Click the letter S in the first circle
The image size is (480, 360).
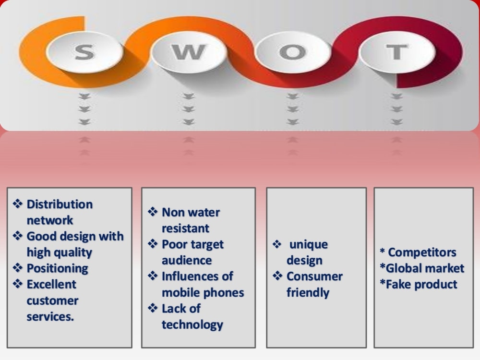click(x=84, y=52)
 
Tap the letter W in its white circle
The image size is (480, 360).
click(x=189, y=52)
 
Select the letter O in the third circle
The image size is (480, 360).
click(x=292, y=52)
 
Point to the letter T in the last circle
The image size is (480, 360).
click(x=397, y=52)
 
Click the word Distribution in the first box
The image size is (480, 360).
click(x=60, y=204)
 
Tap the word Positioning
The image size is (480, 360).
click(x=58, y=268)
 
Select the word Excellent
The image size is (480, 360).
click(x=51, y=284)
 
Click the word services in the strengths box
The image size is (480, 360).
click(x=50, y=317)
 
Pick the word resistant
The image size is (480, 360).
click(x=185, y=228)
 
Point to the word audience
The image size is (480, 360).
click(x=187, y=261)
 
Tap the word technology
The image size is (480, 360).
click(x=192, y=325)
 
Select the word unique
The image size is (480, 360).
click(x=309, y=245)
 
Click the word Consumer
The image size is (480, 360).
click(x=315, y=276)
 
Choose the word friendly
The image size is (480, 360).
click(x=308, y=293)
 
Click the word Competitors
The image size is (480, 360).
click(x=422, y=252)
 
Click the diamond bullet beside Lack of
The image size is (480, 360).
click(x=153, y=308)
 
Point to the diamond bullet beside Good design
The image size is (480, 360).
click(x=18, y=236)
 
